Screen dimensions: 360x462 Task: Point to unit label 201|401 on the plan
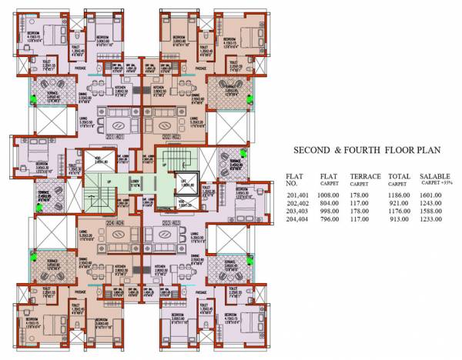point(115,137)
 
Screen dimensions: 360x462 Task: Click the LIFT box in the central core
point(186,185)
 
